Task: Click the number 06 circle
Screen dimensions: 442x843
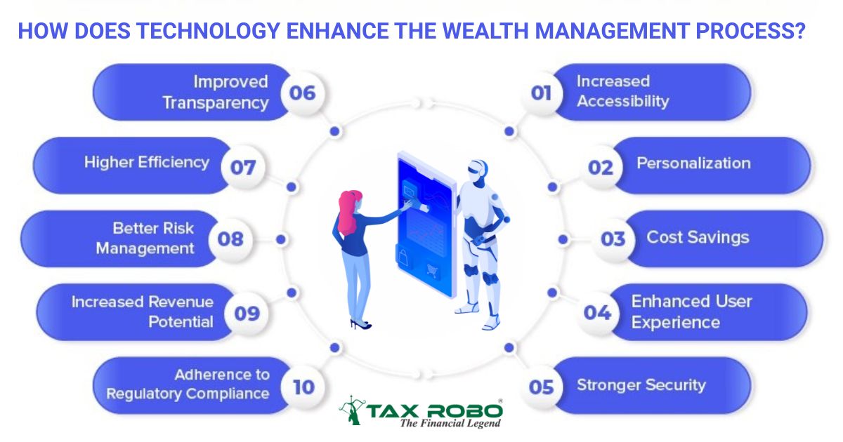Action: click(x=302, y=93)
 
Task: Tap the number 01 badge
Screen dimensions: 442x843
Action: click(x=541, y=93)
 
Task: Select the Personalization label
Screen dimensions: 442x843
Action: click(x=693, y=163)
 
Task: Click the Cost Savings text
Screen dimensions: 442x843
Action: click(x=698, y=237)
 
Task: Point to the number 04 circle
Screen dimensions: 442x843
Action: click(x=597, y=312)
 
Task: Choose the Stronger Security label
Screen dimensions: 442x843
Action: click(x=641, y=384)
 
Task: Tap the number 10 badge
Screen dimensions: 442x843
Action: click(x=303, y=387)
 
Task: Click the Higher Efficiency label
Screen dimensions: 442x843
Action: click(x=147, y=162)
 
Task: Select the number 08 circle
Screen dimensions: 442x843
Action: click(x=230, y=239)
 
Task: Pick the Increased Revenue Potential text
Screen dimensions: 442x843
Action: click(x=143, y=312)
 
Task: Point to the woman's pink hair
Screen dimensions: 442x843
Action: click(x=346, y=210)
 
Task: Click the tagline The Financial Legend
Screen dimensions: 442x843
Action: click(x=450, y=423)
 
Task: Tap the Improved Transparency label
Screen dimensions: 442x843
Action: click(x=216, y=92)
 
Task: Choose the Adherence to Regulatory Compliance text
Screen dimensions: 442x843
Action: click(x=188, y=384)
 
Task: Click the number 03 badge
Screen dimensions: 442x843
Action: click(x=613, y=239)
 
